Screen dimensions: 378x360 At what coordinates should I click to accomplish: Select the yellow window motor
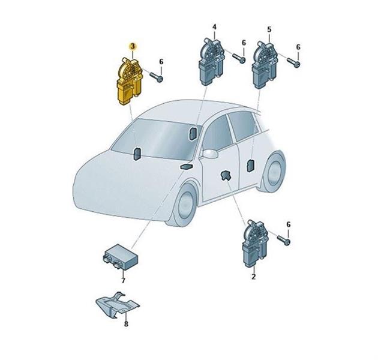pyautogui.click(x=130, y=82)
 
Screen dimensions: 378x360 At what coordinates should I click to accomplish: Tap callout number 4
pyautogui.click(x=214, y=26)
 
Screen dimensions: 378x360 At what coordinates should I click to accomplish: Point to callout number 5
pyautogui.click(x=269, y=29)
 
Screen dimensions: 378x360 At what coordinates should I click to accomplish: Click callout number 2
pyautogui.click(x=253, y=277)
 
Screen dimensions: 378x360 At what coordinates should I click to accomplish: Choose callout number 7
pyautogui.click(x=123, y=280)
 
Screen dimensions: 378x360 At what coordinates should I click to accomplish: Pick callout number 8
pyautogui.click(x=126, y=324)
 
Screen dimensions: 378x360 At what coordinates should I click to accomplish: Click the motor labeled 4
pyautogui.click(x=211, y=62)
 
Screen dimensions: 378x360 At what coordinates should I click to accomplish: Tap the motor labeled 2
pyautogui.click(x=255, y=244)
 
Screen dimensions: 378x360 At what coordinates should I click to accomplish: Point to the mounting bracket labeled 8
pyautogui.click(x=118, y=304)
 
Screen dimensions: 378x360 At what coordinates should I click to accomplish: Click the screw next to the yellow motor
pyautogui.click(x=157, y=77)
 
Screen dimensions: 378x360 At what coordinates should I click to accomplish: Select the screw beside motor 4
pyautogui.click(x=239, y=58)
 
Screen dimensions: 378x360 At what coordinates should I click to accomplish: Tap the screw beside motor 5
pyautogui.click(x=293, y=62)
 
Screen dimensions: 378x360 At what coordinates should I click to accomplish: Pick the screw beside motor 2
pyautogui.click(x=283, y=240)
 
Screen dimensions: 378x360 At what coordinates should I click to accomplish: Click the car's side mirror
pyautogui.click(x=210, y=154)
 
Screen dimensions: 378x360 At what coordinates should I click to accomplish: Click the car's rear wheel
pyautogui.click(x=274, y=172)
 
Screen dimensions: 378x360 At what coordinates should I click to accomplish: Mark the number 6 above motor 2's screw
pyautogui.click(x=289, y=224)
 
